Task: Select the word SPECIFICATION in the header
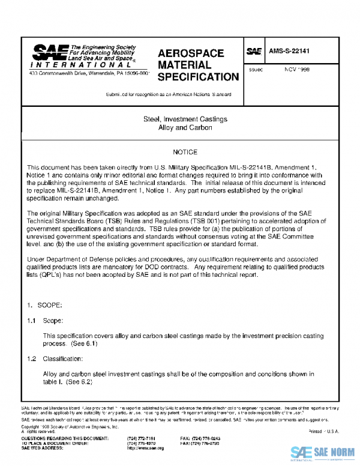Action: pos(197,77)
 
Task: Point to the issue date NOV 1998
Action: pos(297,69)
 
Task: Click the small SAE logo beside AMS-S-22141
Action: pos(254,53)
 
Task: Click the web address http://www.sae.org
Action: pos(142,448)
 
